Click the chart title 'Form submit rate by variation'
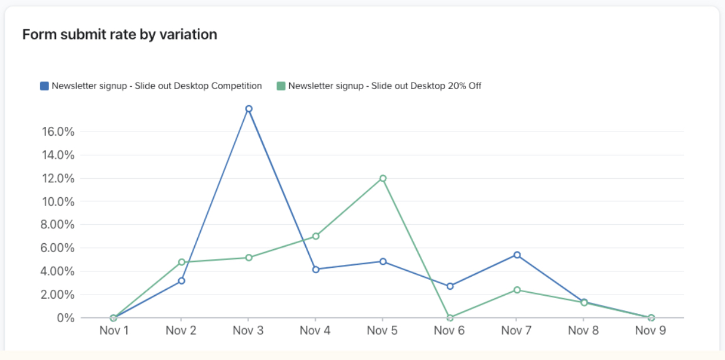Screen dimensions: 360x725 (120, 35)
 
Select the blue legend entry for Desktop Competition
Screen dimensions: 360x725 (151, 86)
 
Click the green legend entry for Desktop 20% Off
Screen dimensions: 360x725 (379, 86)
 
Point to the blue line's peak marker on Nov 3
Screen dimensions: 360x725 (249, 109)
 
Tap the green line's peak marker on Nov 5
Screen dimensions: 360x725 (383, 178)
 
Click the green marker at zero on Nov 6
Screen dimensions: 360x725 (450, 318)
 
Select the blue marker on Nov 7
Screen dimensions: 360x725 (517, 255)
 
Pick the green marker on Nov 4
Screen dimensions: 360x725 (316, 236)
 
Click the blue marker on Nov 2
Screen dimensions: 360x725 (181, 281)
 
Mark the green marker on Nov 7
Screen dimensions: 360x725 (517, 290)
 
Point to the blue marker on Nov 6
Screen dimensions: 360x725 (450, 286)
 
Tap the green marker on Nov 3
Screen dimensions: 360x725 (249, 257)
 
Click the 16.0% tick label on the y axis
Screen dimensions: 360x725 (58, 132)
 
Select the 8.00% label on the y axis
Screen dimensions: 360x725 (58, 225)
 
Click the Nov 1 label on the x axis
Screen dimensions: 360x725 (114, 330)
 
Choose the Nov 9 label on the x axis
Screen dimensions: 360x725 (651, 330)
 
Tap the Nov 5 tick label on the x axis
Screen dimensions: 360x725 (383, 330)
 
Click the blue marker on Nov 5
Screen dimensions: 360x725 (383, 261)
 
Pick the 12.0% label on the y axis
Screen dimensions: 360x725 (58, 178)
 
